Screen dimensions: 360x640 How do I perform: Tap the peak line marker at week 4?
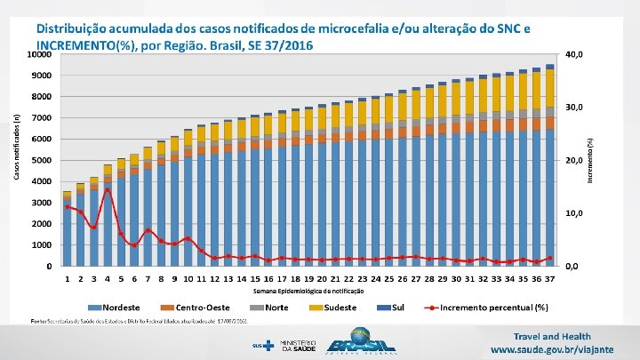[x=108, y=189]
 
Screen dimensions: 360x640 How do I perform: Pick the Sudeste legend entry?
[x=334, y=308]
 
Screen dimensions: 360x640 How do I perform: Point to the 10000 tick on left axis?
[x=37, y=54]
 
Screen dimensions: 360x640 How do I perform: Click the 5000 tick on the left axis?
[x=40, y=160]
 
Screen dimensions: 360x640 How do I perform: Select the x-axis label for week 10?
[x=188, y=279]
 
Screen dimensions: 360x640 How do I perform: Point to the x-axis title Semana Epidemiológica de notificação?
[x=308, y=291]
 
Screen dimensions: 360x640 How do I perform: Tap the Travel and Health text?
[x=552, y=336]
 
